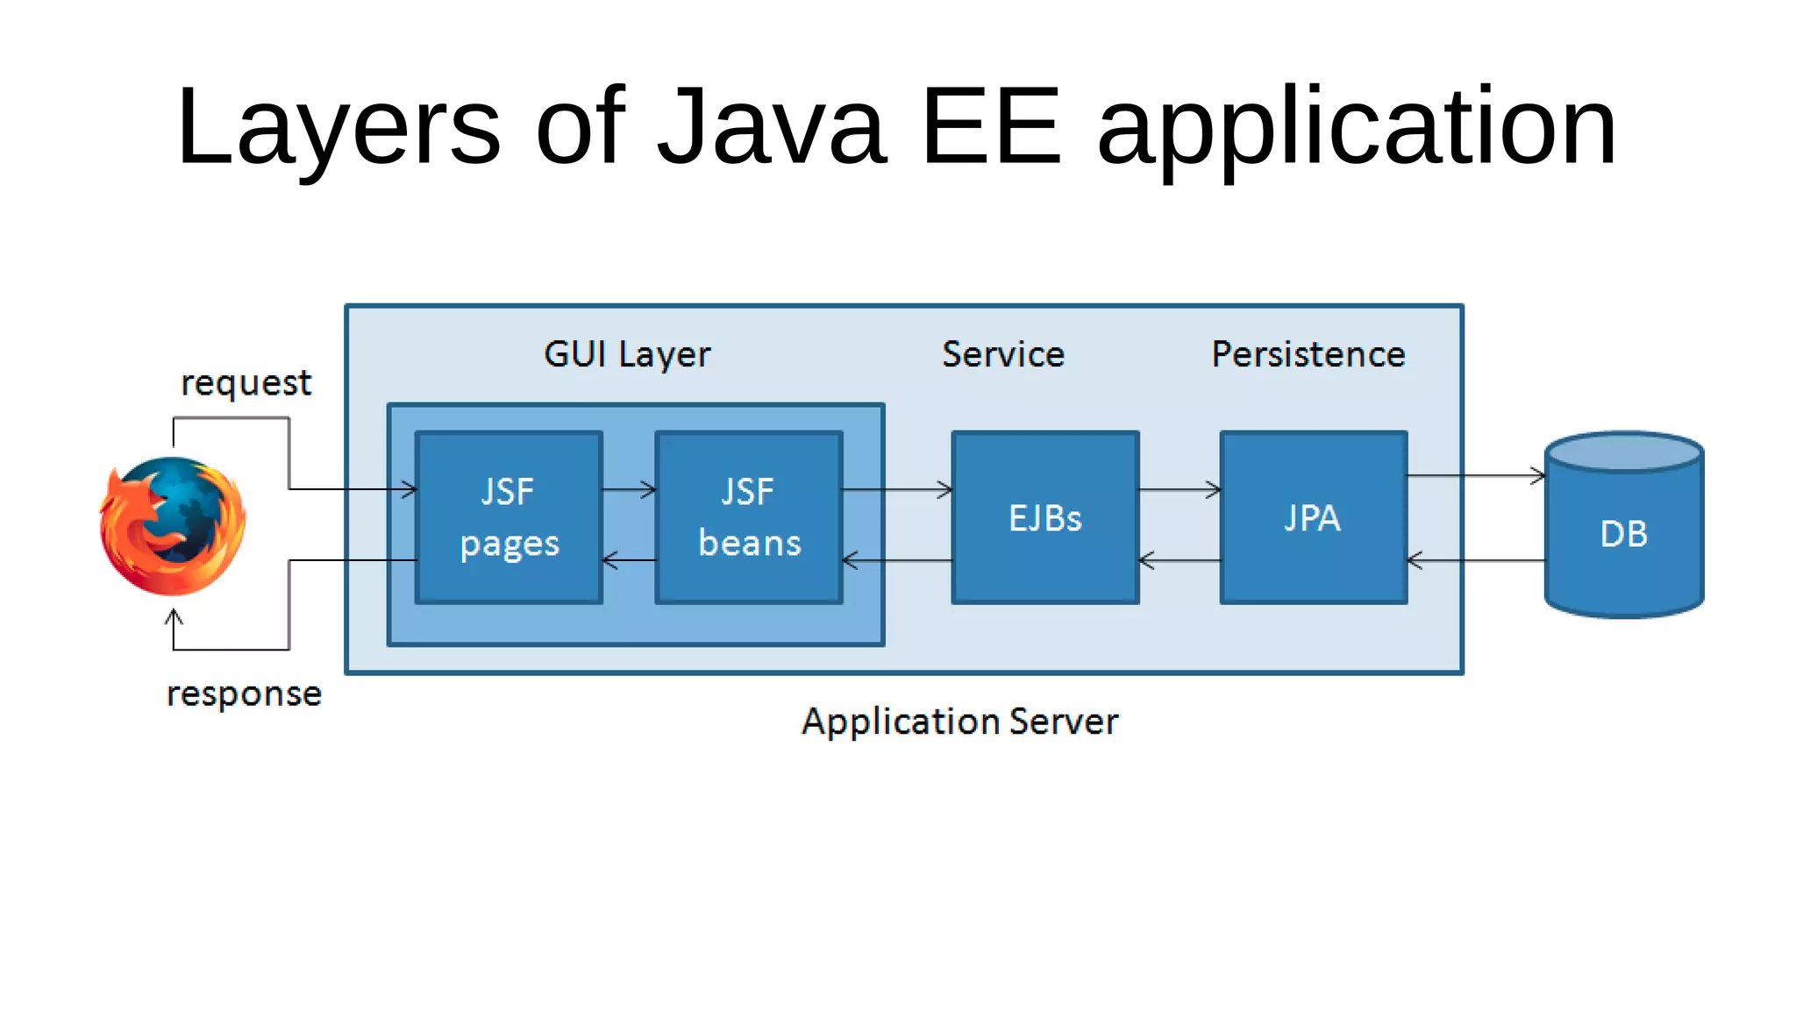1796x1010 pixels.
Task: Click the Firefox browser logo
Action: [173, 526]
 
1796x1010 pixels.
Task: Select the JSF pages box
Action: [509, 517]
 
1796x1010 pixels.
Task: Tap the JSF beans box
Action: [749, 517]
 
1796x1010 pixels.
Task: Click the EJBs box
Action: [1045, 517]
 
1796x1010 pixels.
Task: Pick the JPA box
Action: [1313, 517]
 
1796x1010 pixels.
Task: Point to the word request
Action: [246, 383]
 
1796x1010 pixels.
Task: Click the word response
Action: [244, 693]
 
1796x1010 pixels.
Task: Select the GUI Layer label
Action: [627, 354]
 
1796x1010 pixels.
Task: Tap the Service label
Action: [1003, 354]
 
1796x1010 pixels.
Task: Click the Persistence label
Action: [1308, 354]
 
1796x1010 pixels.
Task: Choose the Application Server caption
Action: [960, 722]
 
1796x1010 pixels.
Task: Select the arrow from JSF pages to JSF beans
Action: [629, 489]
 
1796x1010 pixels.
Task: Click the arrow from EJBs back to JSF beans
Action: [897, 560]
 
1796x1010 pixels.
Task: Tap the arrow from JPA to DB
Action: [1475, 475]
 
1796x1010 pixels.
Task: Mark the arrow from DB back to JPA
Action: [1475, 560]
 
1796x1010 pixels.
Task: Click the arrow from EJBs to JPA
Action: [1180, 489]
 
